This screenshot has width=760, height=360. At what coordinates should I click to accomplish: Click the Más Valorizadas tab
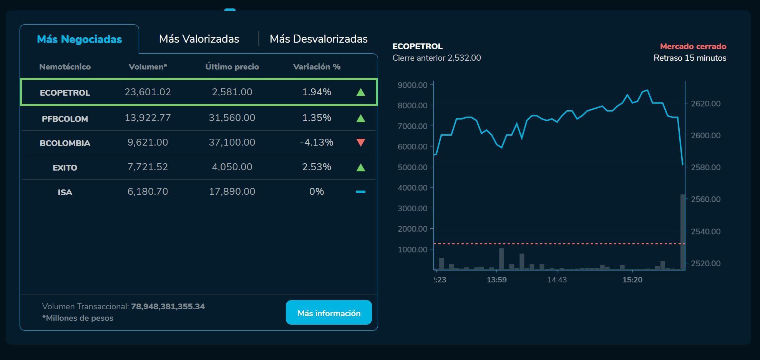pyautogui.click(x=199, y=39)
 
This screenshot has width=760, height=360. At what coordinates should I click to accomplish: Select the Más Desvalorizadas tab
pyautogui.click(x=319, y=39)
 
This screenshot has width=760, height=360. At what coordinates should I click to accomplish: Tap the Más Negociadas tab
pyautogui.click(x=79, y=39)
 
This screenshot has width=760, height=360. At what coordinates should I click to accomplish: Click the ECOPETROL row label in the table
pyautogui.click(x=65, y=93)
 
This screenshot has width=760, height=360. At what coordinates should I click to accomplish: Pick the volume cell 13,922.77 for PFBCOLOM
pyautogui.click(x=148, y=118)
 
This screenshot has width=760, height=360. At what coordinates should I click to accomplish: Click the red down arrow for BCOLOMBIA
pyautogui.click(x=360, y=143)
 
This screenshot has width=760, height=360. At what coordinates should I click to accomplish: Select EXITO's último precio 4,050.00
pyautogui.click(x=232, y=167)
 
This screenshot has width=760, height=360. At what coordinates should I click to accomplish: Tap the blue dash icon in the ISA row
pyautogui.click(x=360, y=191)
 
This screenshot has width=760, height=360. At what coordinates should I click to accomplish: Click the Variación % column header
pyautogui.click(x=317, y=67)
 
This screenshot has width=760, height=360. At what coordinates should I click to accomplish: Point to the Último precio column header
pyautogui.click(x=232, y=67)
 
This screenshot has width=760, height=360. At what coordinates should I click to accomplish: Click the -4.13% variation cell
pyautogui.click(x=317, y=142)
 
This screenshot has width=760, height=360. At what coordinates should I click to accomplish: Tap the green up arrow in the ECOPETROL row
pyautogui.click(x=360, y=92)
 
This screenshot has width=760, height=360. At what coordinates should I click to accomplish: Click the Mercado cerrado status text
pyautogui.click(x=693, y=46)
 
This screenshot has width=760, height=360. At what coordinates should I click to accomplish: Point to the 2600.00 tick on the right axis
pyautogui.click(x=705, y=135)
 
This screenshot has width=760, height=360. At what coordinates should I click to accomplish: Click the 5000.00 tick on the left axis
pyautogui.click(x=413, y=167)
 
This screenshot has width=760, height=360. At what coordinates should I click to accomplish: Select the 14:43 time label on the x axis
pyautogui.click(x=557, y=280)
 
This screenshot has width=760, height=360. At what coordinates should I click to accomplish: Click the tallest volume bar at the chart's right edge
pyautogui.click(x=683, y=232)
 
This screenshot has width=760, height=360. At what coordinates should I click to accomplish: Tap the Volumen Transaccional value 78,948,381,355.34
pyautogui.click(x=168, y=307)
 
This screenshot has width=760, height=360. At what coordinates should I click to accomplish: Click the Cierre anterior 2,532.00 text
pyautogui.click(x=436, y=58)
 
